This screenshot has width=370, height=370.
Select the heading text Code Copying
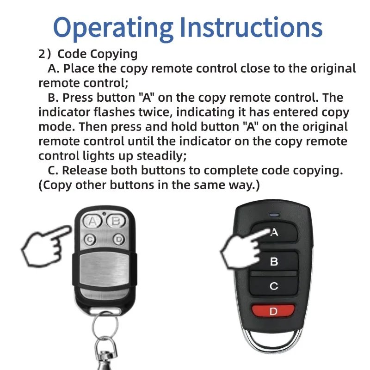98,54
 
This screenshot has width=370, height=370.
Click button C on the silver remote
91,239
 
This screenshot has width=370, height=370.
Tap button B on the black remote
274,262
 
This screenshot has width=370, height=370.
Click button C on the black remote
274,286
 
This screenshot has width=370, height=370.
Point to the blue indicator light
274,214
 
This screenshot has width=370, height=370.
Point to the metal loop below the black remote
273,340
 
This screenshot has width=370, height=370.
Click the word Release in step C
87,170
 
